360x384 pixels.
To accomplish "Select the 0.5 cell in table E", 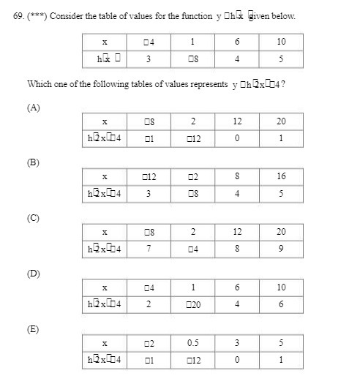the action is point(192,343).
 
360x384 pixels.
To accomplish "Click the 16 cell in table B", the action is point(282,176).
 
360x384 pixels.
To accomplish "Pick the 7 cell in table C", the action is point(149,248).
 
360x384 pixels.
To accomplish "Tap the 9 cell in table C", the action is point(282,248).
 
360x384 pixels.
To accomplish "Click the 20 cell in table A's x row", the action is point(282,121).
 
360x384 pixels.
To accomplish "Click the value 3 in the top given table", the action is point(149,59).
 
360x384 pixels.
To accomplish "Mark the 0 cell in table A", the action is point(237,137).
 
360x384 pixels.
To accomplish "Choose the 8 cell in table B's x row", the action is point(237,176).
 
